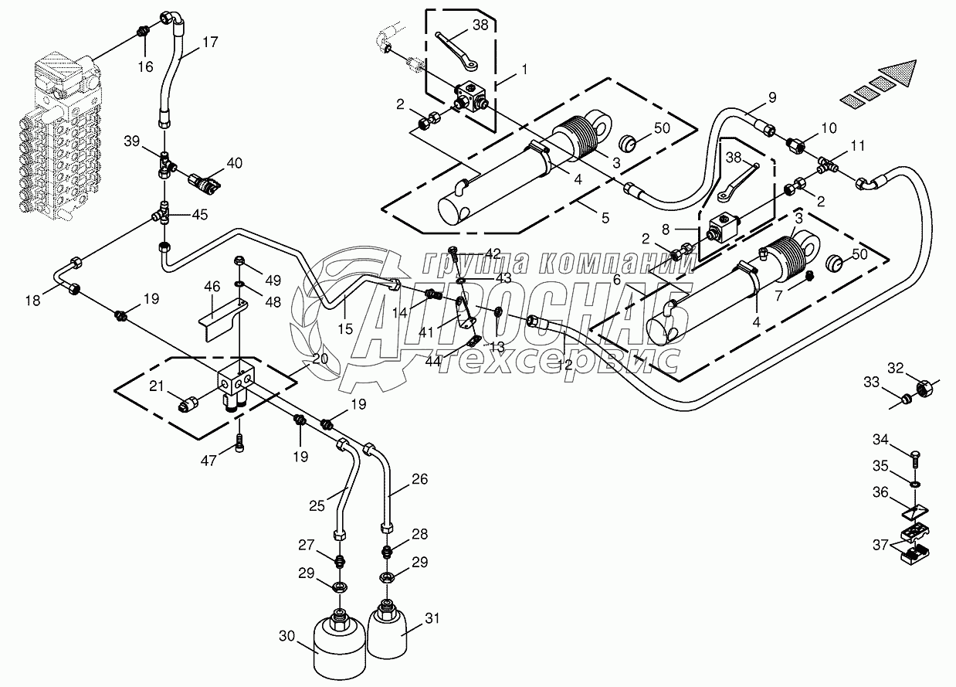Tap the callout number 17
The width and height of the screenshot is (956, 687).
(211, 43)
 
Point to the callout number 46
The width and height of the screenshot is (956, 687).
(212, 286)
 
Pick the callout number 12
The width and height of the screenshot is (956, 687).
(565, 365)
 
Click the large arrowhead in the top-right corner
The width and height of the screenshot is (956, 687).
(902, 73)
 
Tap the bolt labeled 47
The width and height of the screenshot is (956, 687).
(240, 443)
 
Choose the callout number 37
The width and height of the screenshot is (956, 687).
(880, 544)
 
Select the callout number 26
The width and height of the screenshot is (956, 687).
(419, 479)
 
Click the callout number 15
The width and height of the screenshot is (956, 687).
(344, 328)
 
